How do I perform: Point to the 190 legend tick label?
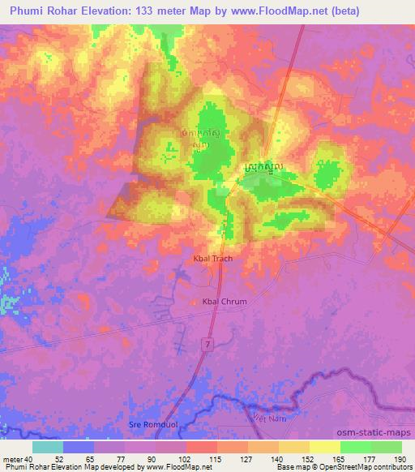(400, 458)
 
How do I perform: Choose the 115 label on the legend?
(216, 458)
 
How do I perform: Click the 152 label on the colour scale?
(308, 458)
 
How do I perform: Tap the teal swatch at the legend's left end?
(48, 446)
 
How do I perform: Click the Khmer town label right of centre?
(263, 166)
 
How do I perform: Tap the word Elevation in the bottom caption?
(83, 467)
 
